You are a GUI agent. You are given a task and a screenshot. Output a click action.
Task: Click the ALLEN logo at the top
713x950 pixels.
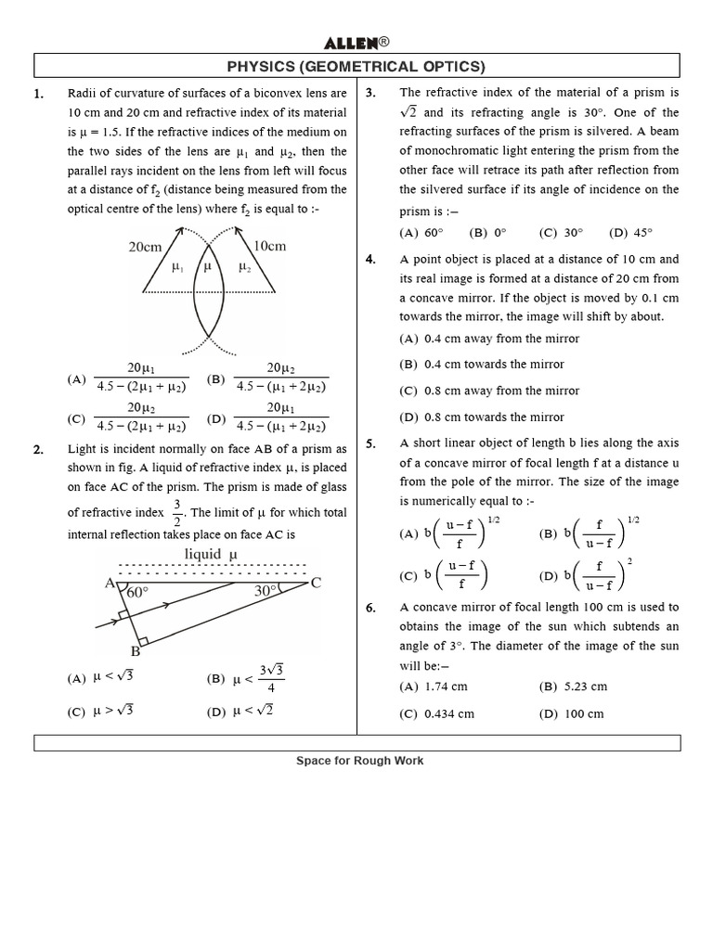(x=357, y=43)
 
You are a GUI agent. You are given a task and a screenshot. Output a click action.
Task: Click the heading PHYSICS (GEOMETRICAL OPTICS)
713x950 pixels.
(x=357, y=66)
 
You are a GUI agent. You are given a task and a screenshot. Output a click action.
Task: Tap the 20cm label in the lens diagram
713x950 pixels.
(x=145, y=247)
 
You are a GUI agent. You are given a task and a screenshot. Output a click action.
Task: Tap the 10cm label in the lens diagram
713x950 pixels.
(x=269, y=246)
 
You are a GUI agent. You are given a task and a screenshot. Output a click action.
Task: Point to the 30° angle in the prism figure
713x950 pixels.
(x=267, y=591)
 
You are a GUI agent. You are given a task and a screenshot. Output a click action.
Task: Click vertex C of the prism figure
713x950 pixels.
(x=316, y=583)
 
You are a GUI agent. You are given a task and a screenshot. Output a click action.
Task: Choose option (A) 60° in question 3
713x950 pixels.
(x=421, y=233)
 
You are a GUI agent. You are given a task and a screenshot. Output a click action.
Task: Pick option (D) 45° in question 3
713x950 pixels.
(x=631, y=233)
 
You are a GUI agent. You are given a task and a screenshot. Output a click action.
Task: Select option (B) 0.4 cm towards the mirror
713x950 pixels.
(x=482, y=365)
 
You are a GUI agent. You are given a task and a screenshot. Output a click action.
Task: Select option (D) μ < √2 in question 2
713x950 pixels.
(x=240, y=712)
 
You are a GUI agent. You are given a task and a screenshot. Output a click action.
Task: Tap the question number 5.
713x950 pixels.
(x=370, y=444)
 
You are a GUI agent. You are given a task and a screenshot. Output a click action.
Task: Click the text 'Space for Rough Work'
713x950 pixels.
(x=359, y=761)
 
